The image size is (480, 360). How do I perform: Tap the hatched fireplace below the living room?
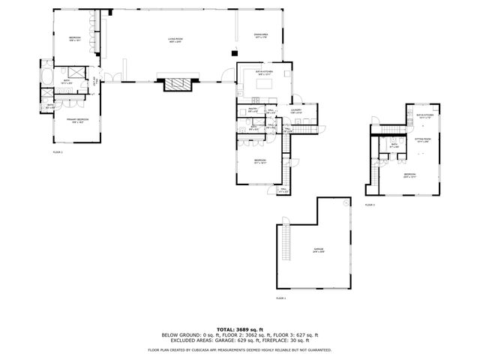(x=178, y=84)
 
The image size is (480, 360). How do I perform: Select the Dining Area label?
(x=260, y=34)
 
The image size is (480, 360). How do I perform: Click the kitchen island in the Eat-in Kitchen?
(x=263, y=85)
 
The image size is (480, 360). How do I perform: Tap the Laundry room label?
(x=296, y=111)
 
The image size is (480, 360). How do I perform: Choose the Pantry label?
(x=253, y=111)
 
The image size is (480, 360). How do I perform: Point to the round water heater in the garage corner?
(x=344, y=202)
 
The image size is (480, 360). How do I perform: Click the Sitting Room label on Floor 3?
(x=424, y=139)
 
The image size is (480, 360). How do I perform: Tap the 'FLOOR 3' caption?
(x=370, y=204)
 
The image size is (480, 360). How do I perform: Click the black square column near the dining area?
(x=233, y=52)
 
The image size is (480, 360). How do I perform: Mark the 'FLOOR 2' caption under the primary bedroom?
(x=58, y=152)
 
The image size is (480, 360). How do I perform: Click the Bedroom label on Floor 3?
(x=409, y=175)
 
